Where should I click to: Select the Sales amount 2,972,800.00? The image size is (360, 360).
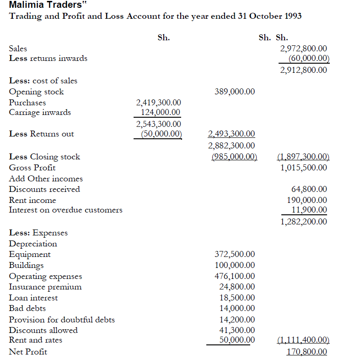tap(303, 48)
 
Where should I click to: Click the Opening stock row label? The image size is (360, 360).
tap(37, 92)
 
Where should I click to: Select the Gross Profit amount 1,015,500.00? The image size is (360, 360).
tap(303, 167)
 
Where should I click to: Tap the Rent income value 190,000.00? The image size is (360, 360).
tap(307, 200)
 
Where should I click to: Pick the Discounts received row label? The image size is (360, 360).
tap(44, 189)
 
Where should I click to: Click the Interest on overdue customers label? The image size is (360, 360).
tap(66, 210)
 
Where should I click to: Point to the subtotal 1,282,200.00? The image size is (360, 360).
tap(303, 222)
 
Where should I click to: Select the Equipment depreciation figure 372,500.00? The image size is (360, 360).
tap(235, 254)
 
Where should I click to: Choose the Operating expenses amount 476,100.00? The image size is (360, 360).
tap(235, 276)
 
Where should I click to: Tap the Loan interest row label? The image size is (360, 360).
tap(33, 298)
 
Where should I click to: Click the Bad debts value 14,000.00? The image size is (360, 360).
tap(237, 308)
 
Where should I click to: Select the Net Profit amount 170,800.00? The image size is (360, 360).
tap(306, 352)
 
